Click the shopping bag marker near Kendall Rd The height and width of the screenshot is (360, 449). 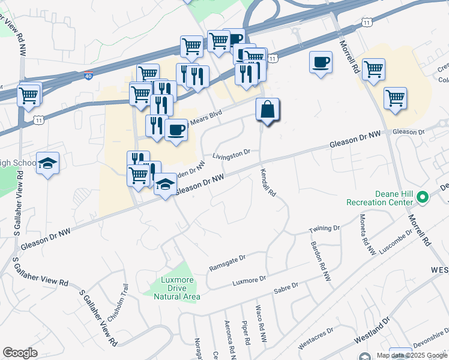pyautogui.click(x=268, y=110)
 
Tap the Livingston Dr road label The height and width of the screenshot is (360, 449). pyautogui.click(x=231, y=155)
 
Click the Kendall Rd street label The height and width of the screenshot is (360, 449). pyautogui.click(x=268, y=183)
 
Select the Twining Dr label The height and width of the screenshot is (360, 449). pyautogui.click(x=324, y=229)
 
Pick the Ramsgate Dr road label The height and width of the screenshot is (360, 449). pyautogui.click(x=228, y=262)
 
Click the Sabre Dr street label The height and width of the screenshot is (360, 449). pyautogui.click(x=286, y=290)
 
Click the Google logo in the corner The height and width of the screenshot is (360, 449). pyautogui.click(x=20, y=353)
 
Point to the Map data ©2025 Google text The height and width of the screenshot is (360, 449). pyautogui.click(x=411, y=355)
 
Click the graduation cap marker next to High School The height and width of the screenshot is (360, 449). pyautogui.click(x=47, y=163)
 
